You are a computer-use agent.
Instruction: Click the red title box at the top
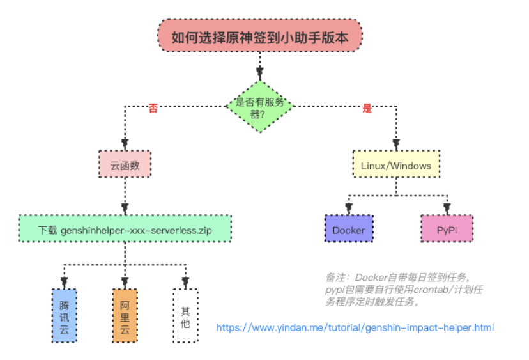point(260,35)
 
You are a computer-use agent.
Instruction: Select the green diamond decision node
point(260,106)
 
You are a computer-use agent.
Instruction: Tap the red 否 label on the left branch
point(153,108)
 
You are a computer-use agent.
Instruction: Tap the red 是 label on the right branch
point(367,108)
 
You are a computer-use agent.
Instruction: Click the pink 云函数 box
point(125,164)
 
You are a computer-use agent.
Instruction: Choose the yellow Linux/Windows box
point(396,164)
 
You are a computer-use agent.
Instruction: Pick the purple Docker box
point(349,229)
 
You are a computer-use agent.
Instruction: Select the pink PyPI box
point(447,229)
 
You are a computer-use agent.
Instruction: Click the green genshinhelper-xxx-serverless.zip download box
point(125,229)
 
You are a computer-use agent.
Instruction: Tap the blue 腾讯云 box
point(64,316)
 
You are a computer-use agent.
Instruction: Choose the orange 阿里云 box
point(125,316)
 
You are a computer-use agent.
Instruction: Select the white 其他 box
point(185,316)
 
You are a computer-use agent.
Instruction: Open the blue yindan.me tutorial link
point(355,327)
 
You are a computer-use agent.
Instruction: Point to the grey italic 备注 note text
point(404,290)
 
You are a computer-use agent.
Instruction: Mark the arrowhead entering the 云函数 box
point(125,143)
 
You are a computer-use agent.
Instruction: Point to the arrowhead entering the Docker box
point(349,208)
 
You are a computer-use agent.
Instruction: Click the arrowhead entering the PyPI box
point(447,208)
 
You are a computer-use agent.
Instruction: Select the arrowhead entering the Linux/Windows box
point(396,144)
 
